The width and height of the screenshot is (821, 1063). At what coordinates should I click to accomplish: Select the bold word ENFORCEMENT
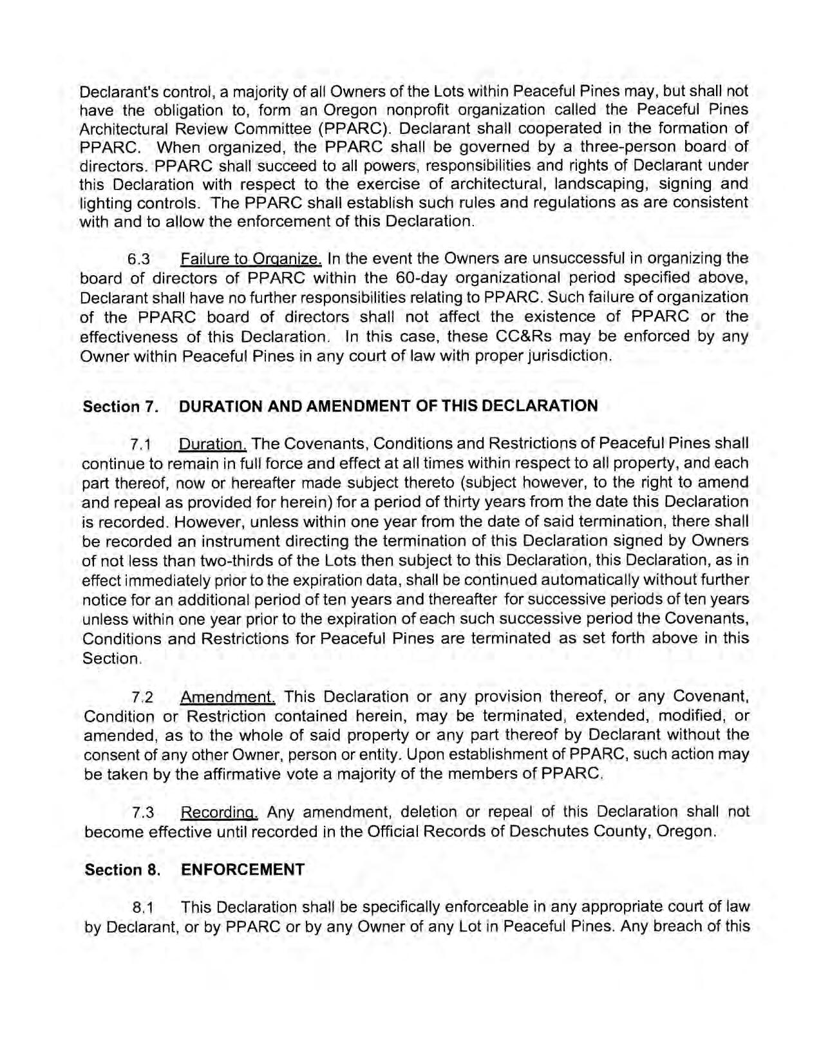tap(243, 870)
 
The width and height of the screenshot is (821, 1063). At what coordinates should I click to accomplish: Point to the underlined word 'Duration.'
tap(212, 445)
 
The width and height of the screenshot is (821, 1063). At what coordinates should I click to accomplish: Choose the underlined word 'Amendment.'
tap(229, 697)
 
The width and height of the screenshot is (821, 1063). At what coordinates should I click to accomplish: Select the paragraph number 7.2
tap(142, 698)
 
